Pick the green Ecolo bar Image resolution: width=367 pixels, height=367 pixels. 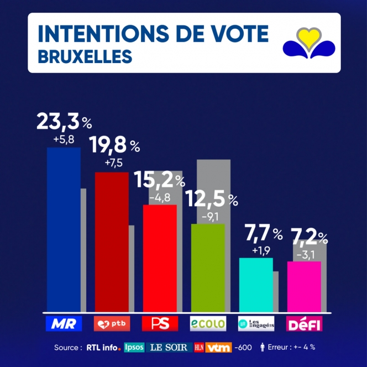tap(208, 268)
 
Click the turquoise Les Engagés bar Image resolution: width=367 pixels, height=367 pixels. tap(255, 285)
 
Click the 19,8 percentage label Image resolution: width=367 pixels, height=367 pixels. tap(111, 146)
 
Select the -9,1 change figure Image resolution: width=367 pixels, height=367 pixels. tap(210, 216)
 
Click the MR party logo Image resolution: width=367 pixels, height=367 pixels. tap(64, 324)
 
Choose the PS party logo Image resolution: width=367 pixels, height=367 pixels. tap(160, 324)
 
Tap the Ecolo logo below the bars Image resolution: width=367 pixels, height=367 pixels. tap(208, 324)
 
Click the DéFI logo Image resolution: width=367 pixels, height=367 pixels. tap(304, 324)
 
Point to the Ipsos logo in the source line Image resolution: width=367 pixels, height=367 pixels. tap(134, 348)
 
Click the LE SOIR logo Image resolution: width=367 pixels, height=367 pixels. tap(169, 348)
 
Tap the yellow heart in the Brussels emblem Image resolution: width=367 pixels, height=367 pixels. tap(308, 37)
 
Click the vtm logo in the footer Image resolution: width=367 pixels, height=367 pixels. tap(218, 348)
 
